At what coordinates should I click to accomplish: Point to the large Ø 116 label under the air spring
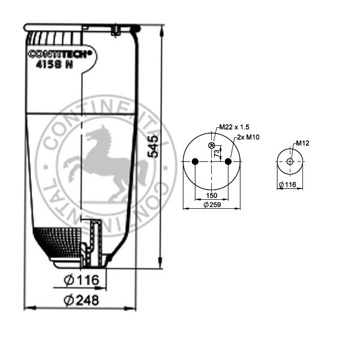(80, 280)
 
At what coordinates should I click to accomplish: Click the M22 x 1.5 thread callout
(234, 127)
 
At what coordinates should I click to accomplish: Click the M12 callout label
(302, 143)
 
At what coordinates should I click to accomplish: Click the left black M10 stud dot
(195, 161)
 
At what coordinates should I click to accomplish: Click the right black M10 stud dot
(228, 161)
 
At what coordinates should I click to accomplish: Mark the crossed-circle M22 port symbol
(211, 145)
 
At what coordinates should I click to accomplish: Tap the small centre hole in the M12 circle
(290, 162)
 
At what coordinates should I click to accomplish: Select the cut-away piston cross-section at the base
(93, 246)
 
